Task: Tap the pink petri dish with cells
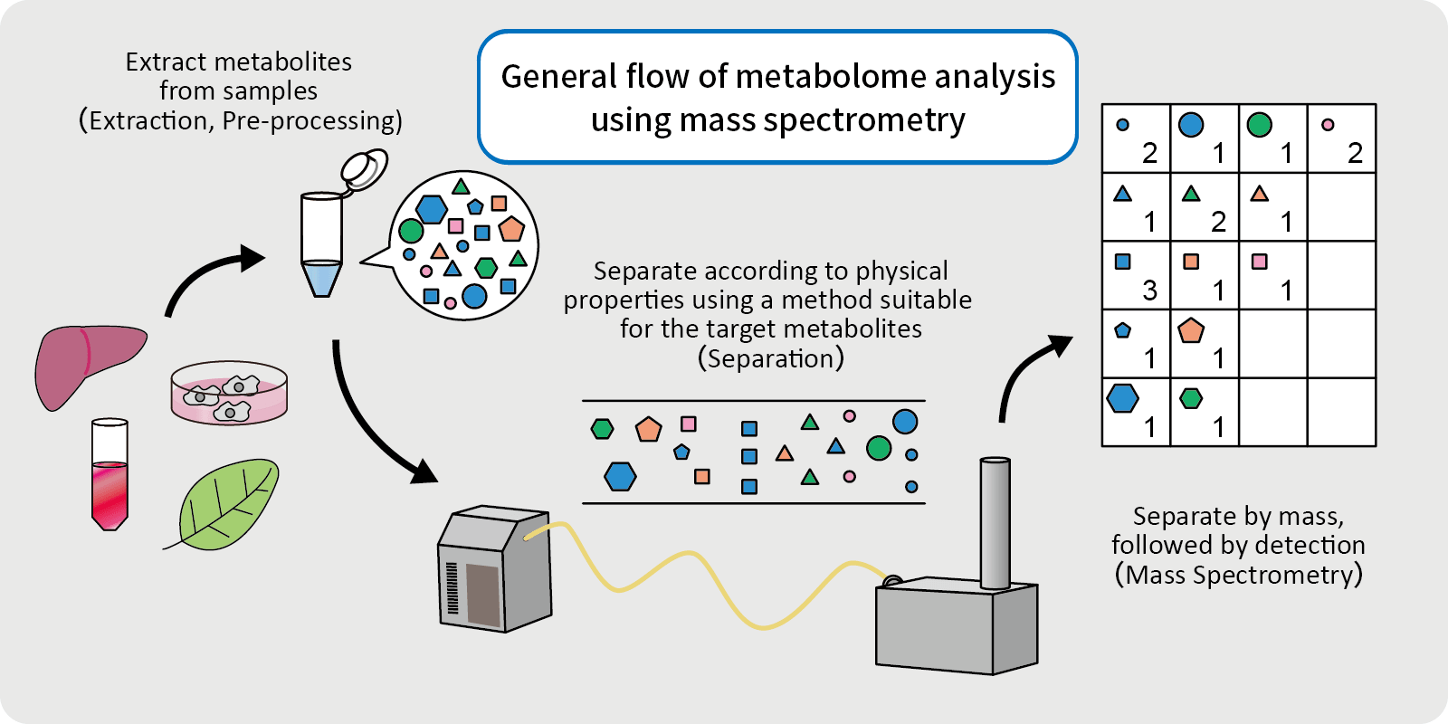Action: (229, 394)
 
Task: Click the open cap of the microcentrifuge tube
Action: (365, 168)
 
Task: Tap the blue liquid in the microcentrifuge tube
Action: (321, 277)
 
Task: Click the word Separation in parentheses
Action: (771, 359)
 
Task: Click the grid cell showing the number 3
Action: (1136, 275)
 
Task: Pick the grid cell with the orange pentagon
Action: (1205, 344)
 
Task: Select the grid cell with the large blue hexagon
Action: (1136, 413)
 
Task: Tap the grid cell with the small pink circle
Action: (1341, 138)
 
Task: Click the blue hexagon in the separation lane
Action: (620, 476)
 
